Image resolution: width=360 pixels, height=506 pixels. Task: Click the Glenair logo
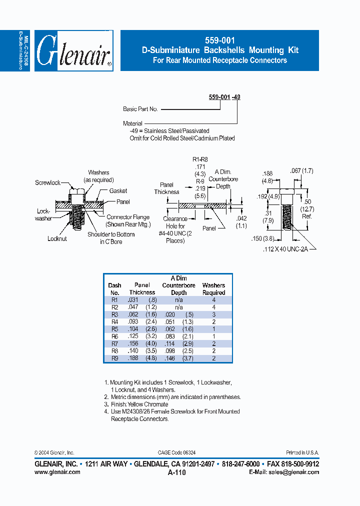pyautogui.click(x=73, y=51)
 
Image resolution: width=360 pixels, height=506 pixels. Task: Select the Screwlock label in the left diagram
pyautogui.click(x=48, y=183)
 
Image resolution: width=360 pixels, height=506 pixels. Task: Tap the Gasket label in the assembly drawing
pyautogui.click(x=118, y=190)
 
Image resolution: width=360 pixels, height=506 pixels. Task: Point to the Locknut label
pyautogui.click(x=57, y=239)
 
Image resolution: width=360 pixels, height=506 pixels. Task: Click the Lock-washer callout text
pyautogui.click(x=44, y=215)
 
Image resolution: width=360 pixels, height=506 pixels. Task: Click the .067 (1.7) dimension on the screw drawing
pyautogui.click(x=301, y=171)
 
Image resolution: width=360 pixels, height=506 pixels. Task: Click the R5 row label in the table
pyautogui.click(x=114, y=329)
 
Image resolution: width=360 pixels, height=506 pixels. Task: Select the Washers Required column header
pyautogui.click(x=213, y=289)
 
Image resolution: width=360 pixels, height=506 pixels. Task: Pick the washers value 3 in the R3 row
pyautogui.click(x=213, y=314)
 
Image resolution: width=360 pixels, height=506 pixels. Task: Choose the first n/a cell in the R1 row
pyautogui.click(x=178, y=300)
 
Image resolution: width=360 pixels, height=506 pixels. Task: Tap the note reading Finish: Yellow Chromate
pyautogui.click(x=139, y=404)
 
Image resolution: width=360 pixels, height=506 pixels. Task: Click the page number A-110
pyautogui.click(x=177, y=472)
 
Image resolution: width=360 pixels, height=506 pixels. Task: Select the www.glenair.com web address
pyautogui.click(x=57, y=472)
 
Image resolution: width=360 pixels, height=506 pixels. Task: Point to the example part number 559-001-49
pyautogui.click(x=224, y=97)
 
